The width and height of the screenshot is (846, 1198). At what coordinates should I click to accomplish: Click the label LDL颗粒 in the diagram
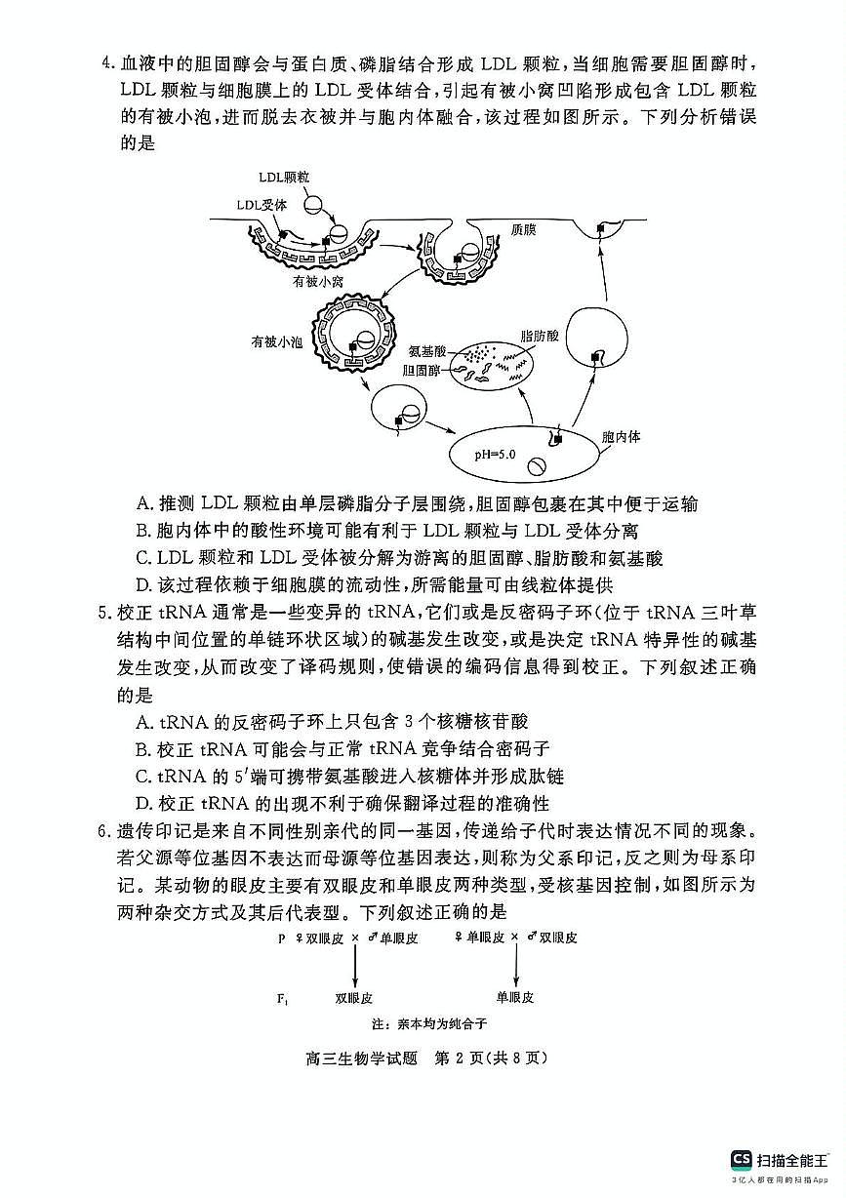284,178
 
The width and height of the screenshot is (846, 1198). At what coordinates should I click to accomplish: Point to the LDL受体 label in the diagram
262,205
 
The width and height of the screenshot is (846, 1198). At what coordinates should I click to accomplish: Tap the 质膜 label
523,230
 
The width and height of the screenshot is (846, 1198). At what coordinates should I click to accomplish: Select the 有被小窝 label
318,281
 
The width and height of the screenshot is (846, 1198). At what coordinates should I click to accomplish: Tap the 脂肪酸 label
540,336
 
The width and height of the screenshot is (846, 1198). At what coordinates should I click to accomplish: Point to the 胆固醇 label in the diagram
422,371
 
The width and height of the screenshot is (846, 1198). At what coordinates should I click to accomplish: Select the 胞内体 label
622,436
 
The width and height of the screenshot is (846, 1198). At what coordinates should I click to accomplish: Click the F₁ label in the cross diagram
282,999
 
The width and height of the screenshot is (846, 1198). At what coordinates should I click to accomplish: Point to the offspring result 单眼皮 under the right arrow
515,997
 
